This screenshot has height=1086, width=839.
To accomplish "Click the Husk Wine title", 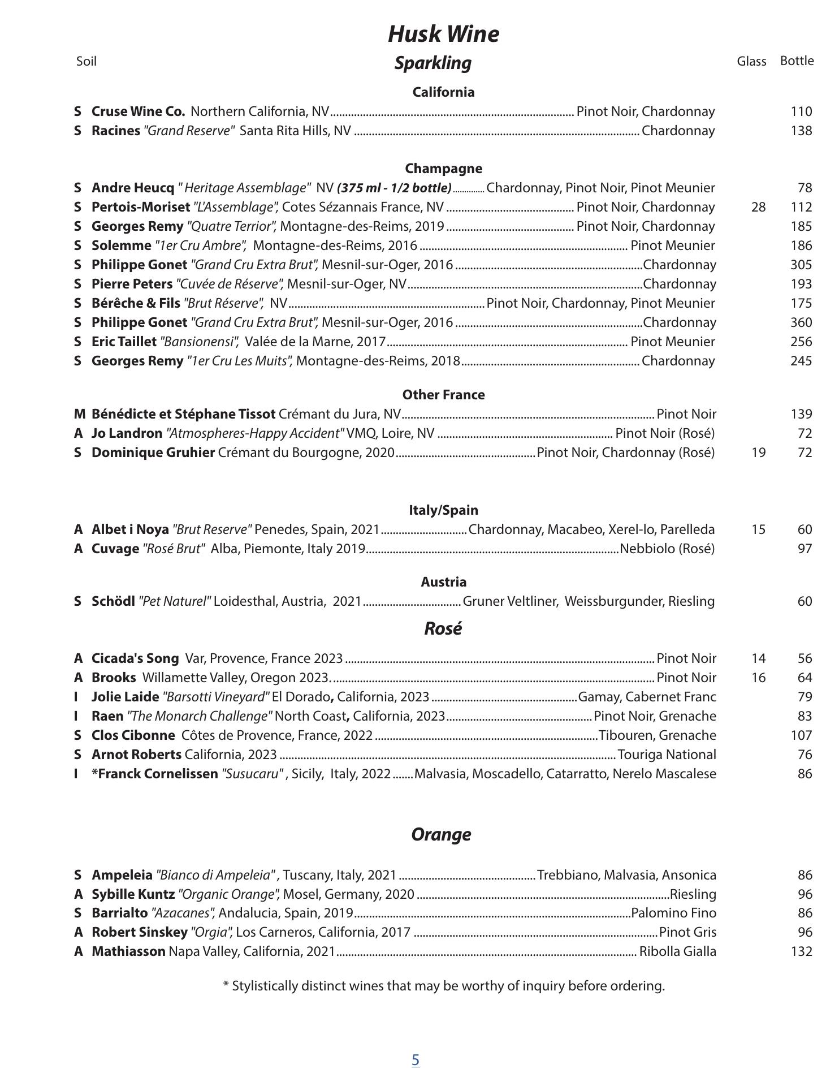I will [443, 34].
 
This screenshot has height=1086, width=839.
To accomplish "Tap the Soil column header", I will [86, 61].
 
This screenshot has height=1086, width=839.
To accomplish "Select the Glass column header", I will [751, 61].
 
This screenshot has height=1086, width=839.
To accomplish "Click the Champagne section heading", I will [443, 169].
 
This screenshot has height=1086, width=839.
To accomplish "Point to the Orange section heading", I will [441, 834].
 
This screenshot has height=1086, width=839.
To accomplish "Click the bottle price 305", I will [801, 265].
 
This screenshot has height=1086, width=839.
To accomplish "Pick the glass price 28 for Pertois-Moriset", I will [758, 207].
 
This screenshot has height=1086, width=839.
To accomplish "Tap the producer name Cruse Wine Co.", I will [139, 111].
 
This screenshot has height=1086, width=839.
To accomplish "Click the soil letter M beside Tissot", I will [79, 414].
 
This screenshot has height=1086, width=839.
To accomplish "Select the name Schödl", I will [113, 601].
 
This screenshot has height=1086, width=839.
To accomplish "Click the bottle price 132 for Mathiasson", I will [801, 951].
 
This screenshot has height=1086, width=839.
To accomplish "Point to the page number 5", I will [416, 1060].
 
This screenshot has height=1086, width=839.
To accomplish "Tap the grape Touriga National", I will [667, 755].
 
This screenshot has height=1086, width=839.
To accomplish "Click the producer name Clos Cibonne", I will [133, 735].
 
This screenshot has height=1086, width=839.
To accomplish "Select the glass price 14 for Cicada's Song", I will [758, 658].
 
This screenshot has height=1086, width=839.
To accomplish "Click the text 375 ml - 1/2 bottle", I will [394, 188].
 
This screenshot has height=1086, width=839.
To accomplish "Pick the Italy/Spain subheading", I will [443, 510].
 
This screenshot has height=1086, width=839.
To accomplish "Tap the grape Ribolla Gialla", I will [677, 951].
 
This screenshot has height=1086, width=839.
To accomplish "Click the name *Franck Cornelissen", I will [155, 774].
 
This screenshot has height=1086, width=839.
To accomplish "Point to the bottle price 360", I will [801, 322].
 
